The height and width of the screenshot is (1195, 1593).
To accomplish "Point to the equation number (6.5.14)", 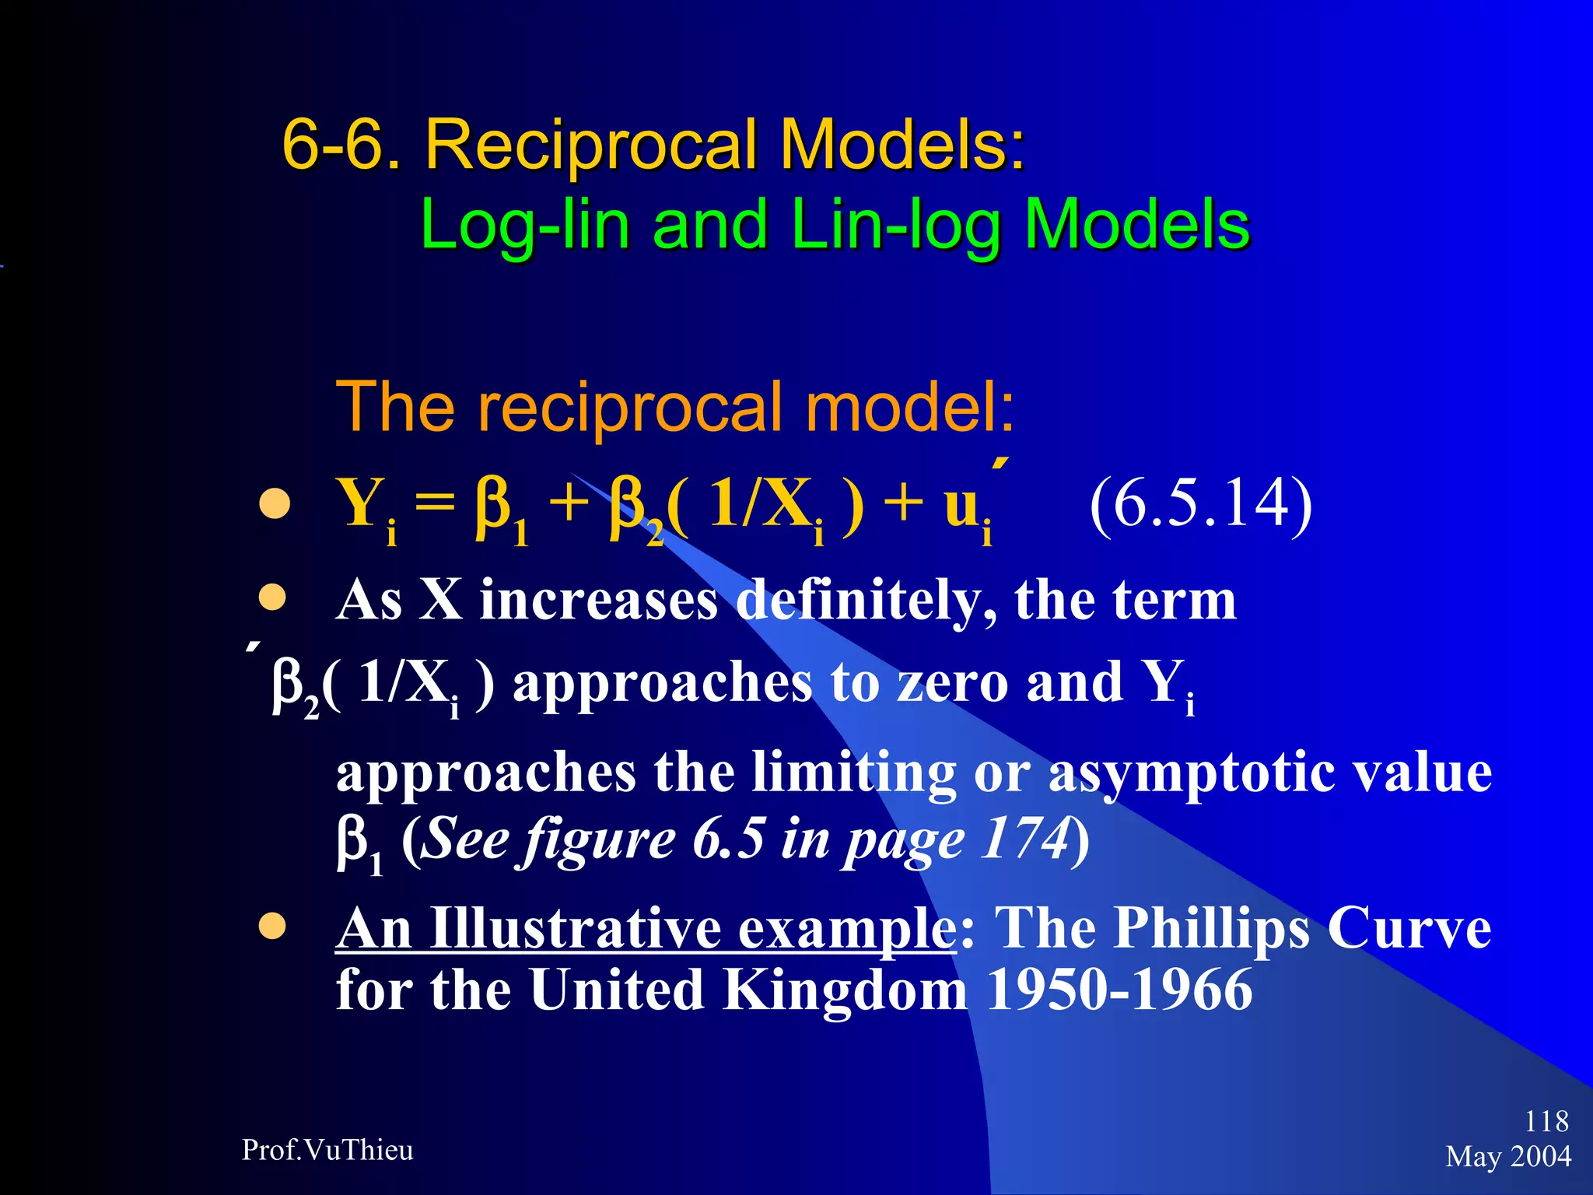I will coord(1200,505).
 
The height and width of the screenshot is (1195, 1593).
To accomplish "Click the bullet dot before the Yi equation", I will coord(274,504).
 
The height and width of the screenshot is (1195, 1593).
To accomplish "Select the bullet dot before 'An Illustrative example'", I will coord(272,927).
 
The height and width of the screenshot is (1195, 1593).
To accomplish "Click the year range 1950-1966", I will coord(1119,990).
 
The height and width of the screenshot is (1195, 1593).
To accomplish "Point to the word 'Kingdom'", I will coord(846,990).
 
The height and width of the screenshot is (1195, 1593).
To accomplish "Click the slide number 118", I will coord(1546,1121).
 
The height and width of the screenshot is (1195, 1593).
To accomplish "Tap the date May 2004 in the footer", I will coord(1508,1157).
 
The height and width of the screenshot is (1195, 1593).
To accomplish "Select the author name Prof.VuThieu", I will coord(327,1150).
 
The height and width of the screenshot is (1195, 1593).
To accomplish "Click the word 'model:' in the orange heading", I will coord(910,407).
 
